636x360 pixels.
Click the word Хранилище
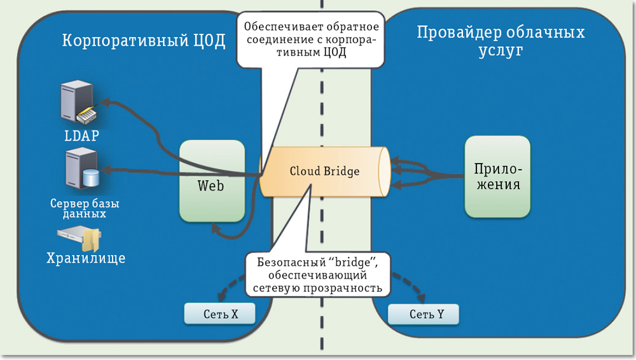tap(85, 258)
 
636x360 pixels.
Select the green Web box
tap(212, 182)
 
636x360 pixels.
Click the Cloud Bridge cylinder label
tap(324, 172)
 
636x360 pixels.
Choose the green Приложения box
tap(497, 176)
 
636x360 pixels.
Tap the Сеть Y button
tap(422, 314)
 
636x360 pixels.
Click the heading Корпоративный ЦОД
tap(144, 41)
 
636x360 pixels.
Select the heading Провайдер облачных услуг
tap(501, 41)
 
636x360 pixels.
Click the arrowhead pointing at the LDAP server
tap(106, 102)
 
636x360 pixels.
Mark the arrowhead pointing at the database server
tap(106, 169)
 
